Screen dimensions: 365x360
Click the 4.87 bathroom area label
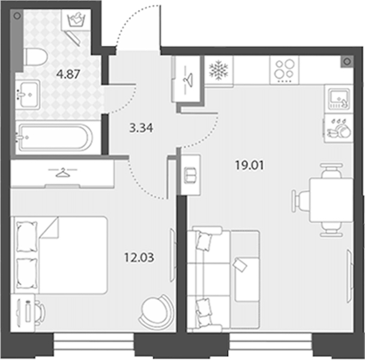pos(68,74)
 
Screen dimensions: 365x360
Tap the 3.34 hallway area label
pos(141,128)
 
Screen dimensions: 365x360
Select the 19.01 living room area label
pos(250,166)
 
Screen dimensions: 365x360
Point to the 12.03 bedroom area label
pos(139,257)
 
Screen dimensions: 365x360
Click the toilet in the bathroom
pos(35,57)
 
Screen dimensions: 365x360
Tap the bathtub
pos(55,137)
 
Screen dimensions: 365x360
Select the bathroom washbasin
pos(28,94)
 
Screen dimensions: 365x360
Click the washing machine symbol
pos(76,20)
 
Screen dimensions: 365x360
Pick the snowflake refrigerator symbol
pos(219,70)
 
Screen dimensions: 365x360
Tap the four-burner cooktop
pos(284,70)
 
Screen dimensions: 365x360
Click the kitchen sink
pos(339,100)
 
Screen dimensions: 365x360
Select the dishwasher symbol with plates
pos(339,128)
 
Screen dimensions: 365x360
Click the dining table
pos(331,200)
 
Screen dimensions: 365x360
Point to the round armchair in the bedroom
pos(157,311)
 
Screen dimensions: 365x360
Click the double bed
pos(59,255)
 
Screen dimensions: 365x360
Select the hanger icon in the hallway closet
pos(188,80)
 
